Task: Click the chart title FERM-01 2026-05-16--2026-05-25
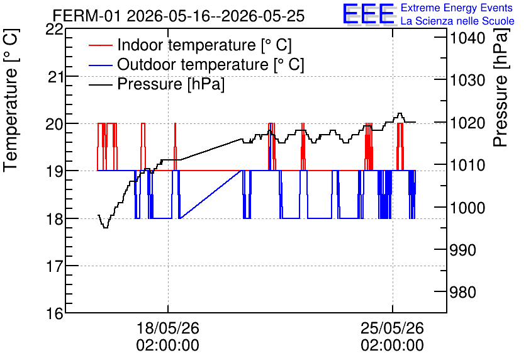[179, 16]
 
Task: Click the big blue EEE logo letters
[368, 14]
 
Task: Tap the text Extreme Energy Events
[457, 8]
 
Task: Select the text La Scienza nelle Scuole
[457, 21]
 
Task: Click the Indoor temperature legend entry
[190, 45]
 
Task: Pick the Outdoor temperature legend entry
[196, 64]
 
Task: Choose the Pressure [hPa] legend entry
[157, 84]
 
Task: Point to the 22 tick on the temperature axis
[54, 29]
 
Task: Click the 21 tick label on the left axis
[55, 77]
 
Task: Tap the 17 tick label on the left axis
[55, 266]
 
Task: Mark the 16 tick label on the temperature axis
[55, 313]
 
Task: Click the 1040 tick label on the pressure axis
[467, 38]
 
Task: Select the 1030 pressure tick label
[467, 81]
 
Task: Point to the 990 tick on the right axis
[462, 250]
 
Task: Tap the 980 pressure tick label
[462, 293]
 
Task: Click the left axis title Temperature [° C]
[11, 100]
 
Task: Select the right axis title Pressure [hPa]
[501, 87]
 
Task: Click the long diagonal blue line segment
[211, 194]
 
